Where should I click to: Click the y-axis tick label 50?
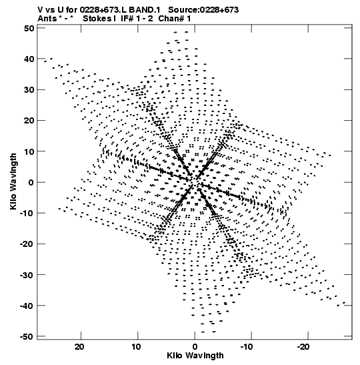[29, 29]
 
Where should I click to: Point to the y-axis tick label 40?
[29, 59]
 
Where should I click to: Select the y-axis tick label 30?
[29, 89]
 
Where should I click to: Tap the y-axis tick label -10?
[27, 213]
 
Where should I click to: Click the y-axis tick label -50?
[27, 336]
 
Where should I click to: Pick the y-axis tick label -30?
[27, 275]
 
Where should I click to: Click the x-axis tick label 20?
[79, 347]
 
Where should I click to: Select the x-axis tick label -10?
[247, 347]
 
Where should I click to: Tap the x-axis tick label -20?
[303, 347]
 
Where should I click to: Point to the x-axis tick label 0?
[195, 347]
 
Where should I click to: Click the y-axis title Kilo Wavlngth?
[13, 181]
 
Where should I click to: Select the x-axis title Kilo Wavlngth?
[195, 356]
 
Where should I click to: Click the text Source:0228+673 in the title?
[203, 10]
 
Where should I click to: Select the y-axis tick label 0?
[31, 182]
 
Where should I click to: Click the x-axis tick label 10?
[136, 347]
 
